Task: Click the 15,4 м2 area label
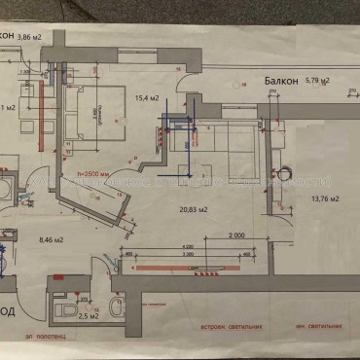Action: [147, 98]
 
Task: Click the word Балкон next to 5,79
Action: [279, 81]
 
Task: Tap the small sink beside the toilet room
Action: [117, 309]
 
